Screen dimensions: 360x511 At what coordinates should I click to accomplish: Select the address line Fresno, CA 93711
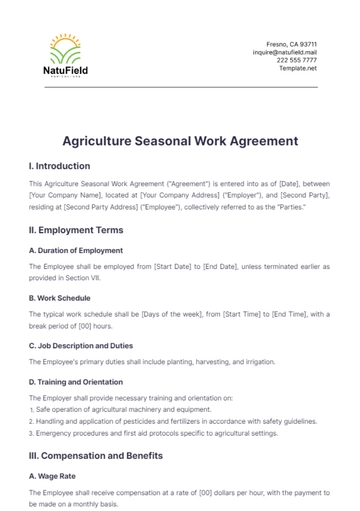(x=291, y=44)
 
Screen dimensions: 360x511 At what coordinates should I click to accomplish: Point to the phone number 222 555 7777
(x=297, y=60)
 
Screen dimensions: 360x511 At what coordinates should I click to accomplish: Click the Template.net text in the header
(x=298, y=68)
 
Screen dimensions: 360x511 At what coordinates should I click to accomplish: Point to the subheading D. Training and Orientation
(x=83, y=381)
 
